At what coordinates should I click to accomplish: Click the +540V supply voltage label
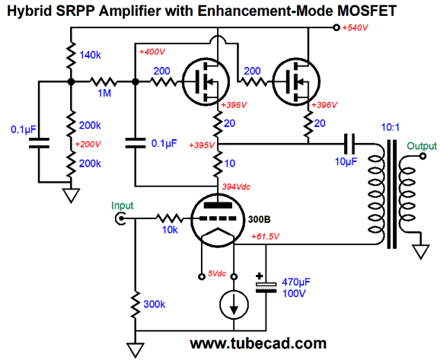tap(355, 27)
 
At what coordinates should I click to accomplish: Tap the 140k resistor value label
tap(90, 56)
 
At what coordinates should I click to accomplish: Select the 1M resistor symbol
tap(104, 81)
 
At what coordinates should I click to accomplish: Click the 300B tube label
tap(260, 219)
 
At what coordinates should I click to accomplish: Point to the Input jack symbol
tap(120, 218)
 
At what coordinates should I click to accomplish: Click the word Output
tap(422, 146)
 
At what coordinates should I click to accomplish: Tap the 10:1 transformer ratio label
tap(390, 127)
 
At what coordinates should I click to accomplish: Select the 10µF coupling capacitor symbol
tap(349, 144)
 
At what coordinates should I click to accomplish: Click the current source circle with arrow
tap(234, 304)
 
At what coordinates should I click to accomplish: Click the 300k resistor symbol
tap(136, 304)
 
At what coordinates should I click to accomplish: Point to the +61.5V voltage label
tap(265, 237)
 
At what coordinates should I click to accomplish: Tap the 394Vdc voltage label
tap(236, 187)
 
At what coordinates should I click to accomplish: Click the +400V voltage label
tap(152, 52)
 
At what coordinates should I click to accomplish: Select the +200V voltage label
tap(88, 144)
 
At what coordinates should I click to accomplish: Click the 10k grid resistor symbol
tap(170, 218)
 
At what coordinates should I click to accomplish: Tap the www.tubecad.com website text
tap(258, 343)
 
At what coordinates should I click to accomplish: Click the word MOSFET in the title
tap(367, 11)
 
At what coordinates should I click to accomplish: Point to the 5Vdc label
tap(217, 273)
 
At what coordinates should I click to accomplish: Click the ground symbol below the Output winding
tap(421, 252)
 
